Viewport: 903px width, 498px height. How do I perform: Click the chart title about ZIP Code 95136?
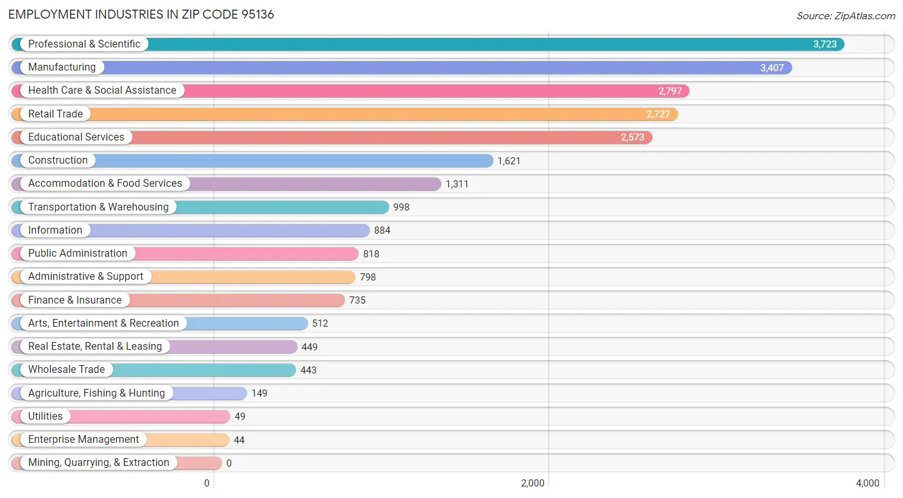coord(141,14)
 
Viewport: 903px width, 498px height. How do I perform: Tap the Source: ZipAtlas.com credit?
coord(845,15)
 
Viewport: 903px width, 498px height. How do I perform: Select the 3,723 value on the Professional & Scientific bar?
coord(825,44)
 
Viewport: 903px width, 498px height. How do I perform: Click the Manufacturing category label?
coord(62,67)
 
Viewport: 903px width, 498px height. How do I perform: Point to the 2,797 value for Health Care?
coord(670,91)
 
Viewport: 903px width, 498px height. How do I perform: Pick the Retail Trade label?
coord(55,114)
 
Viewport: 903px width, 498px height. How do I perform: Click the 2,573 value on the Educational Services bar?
coord(632,137)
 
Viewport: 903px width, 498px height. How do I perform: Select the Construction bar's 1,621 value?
coord(509,161)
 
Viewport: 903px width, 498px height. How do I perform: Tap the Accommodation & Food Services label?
coord(105,184)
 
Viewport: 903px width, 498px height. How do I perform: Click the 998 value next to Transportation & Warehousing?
coord(401,207)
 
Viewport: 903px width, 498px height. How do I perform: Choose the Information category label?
coord(55,230)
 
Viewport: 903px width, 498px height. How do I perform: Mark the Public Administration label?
coord(78,253)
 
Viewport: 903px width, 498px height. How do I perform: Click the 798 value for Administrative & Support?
coord(367,277)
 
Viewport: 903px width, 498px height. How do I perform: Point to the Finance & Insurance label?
coord(75,300)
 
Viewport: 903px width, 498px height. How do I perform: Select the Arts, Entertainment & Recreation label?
coord(103,323)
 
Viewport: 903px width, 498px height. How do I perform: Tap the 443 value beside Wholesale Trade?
coord(308,370)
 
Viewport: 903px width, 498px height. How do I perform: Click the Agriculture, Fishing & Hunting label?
coord(96,393)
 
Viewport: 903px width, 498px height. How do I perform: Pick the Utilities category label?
coord(46,416)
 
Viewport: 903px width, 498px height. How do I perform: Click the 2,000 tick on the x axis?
coord(532,483)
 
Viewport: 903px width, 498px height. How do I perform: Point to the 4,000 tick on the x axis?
coord(867,483)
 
